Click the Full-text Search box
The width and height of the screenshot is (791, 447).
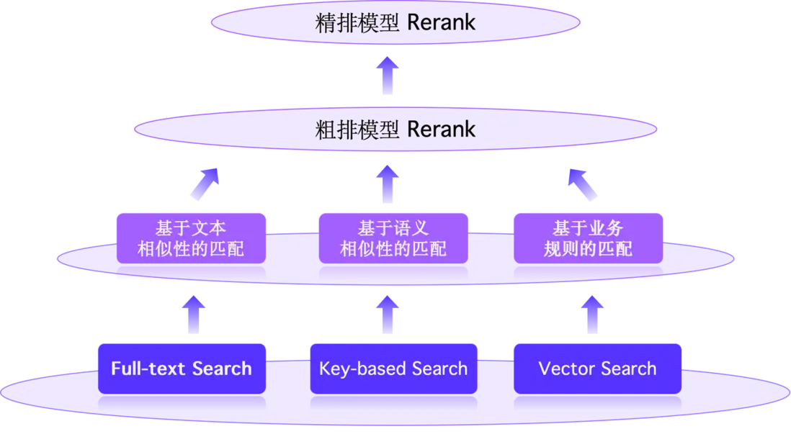pos(182,369)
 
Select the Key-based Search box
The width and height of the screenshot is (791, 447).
pos(393,369)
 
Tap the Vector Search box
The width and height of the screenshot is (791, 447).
pos(597,369)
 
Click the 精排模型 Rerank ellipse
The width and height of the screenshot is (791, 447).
pos(395,22)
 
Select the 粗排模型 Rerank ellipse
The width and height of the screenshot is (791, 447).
pos(395,130)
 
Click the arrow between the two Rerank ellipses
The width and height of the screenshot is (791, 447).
pos(389,76)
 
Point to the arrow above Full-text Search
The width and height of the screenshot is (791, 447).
pos(192,316)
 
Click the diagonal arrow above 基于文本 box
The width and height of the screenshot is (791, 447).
pos(204,183)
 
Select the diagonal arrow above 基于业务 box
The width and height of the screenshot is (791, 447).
pos(582,183)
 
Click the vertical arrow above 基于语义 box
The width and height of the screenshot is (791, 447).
pos(389,183)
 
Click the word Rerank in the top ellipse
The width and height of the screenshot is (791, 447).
pos(441,22)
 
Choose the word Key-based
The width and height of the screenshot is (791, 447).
pos(353,369)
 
